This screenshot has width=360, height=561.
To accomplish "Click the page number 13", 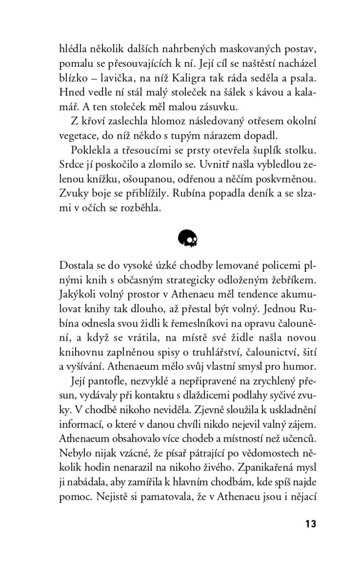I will pos(310,523).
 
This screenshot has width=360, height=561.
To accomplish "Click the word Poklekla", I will pos(90,151).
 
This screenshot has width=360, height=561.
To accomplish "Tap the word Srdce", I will pos(72,165).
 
